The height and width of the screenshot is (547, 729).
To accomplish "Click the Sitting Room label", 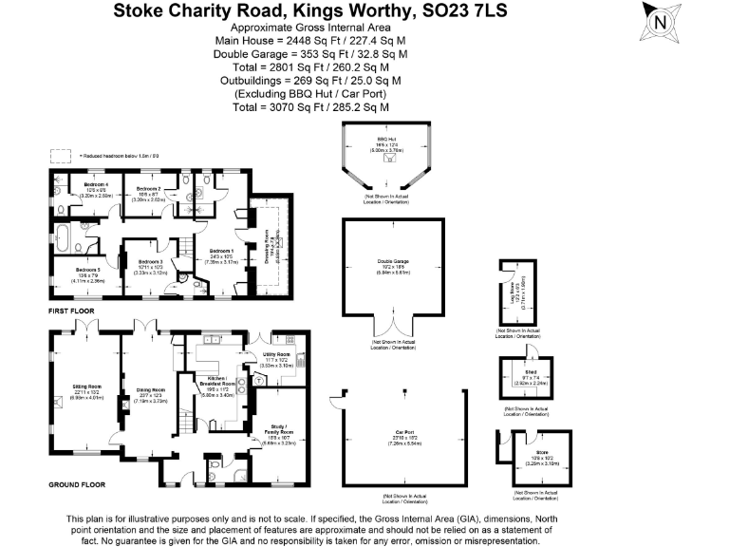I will (87, 387).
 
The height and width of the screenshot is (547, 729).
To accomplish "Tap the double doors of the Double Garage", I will (394, 329).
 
